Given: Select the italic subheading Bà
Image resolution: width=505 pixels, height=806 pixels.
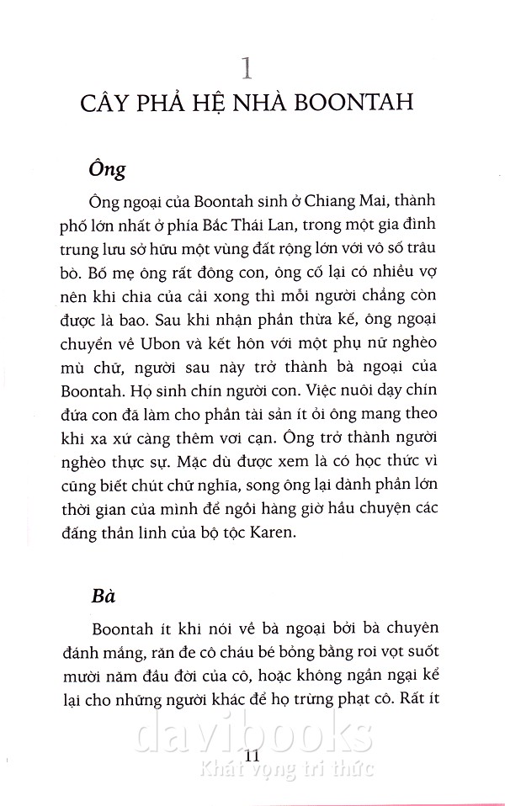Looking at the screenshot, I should click(x=103, y=595).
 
